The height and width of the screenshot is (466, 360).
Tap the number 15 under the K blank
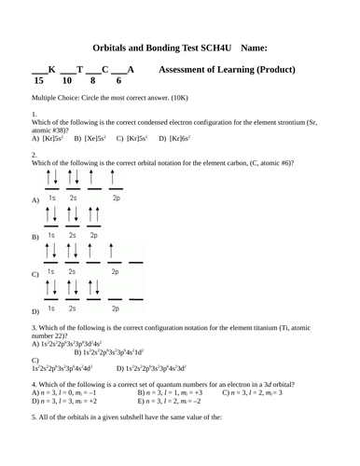(x=38, y=81)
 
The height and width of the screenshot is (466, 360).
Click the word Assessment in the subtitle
(x=192, y=70)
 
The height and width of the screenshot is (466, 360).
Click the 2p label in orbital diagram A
(x=117, y=199)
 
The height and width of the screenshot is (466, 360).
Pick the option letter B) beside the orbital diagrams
(x=35, y=239)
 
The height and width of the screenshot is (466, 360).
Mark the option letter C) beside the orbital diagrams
(x=35, y=276)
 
